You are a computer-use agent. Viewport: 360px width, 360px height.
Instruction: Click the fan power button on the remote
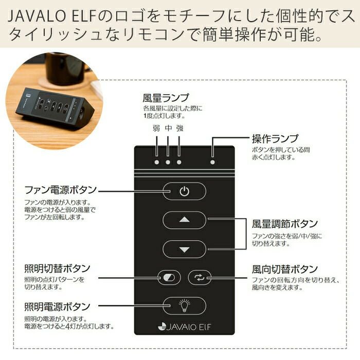(184, 191)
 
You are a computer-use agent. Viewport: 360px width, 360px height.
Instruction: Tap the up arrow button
(184, 220)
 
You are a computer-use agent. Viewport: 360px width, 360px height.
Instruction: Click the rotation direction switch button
(199, 278)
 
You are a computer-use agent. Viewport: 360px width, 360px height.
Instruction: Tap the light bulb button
(184, 306)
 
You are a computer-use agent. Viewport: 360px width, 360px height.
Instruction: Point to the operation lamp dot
(212, 162)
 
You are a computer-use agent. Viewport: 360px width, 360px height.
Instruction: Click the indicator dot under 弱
(156, 162)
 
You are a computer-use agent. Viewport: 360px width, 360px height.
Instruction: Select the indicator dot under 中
(168, 162)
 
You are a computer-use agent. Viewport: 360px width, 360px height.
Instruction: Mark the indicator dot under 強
(179, 162)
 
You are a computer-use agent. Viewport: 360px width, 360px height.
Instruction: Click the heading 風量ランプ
(166, 98)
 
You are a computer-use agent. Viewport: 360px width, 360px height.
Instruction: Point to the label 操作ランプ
(274, 139)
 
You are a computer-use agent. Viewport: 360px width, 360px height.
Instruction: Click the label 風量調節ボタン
(284, 224)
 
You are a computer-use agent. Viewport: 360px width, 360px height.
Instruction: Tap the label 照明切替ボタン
(57, 269)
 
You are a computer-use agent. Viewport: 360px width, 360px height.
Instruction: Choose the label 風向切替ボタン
(284, 269)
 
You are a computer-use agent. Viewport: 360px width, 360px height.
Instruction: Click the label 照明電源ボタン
(57, 308)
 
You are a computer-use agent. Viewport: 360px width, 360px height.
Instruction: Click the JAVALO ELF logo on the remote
(184, 326)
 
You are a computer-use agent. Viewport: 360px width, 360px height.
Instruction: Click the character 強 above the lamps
(179, 129)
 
